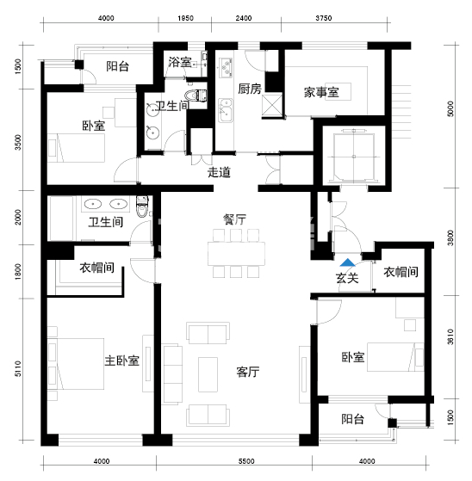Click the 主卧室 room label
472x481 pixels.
click(122, 361)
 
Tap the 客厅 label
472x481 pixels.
click(249, 372)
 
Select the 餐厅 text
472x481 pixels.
click(235, 219)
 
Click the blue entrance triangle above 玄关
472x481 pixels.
click(347, 264)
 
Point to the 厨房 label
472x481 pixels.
click(250, 89)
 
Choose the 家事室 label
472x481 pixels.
click(321, 92)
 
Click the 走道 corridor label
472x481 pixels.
click(220, 171)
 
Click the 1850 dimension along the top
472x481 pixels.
click(185, 18)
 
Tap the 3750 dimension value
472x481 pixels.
click(324, 18)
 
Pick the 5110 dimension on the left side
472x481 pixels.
click(17, 370)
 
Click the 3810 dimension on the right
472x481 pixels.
click(450, 343)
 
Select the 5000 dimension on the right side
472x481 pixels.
click(450, 110)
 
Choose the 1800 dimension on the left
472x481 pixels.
click(17, 274)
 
